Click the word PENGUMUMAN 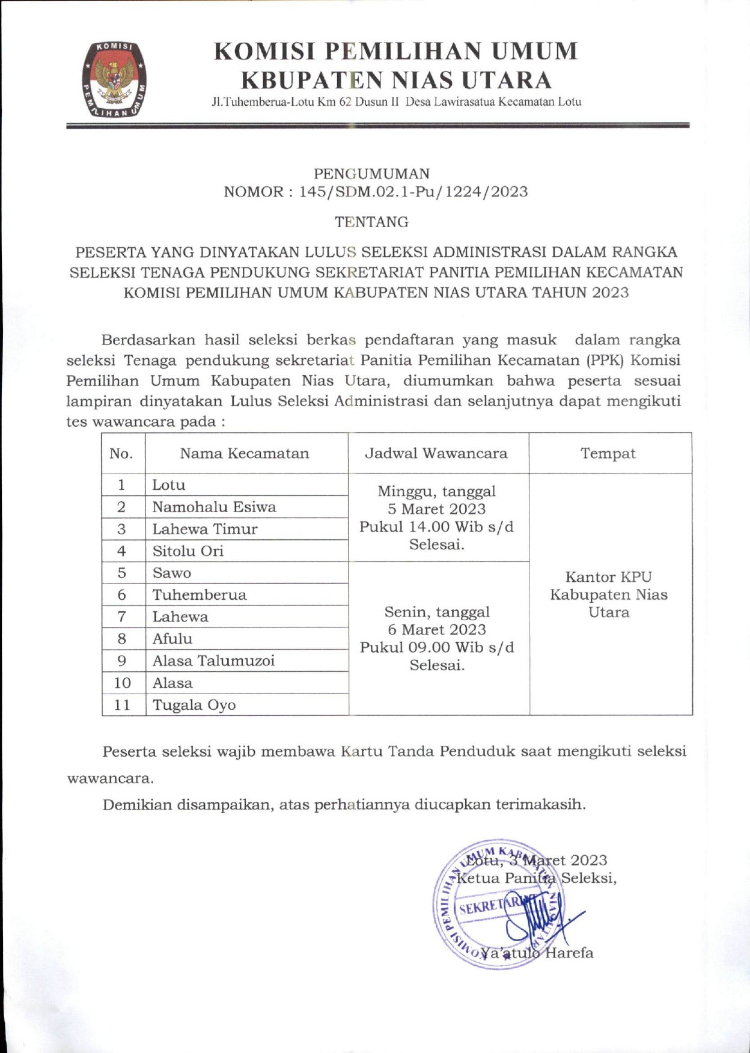click(371, 174)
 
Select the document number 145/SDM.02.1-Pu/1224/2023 click(413, 192)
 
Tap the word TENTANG click(371, 222)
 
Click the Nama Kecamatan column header click(245, 453)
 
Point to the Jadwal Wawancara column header click(436, 453)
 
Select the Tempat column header click(608, 453)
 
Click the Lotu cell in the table click(169, 485)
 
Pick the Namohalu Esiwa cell click(214, 507)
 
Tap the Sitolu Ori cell click(187, 551)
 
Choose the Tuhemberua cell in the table click(199, 595)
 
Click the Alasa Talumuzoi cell click(213, 661)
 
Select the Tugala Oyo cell click(194, 705)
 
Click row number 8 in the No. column click(122, 639)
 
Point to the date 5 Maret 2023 click(436, 509)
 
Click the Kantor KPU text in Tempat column click(608, 577)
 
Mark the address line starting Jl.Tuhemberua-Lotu click(396, 102)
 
